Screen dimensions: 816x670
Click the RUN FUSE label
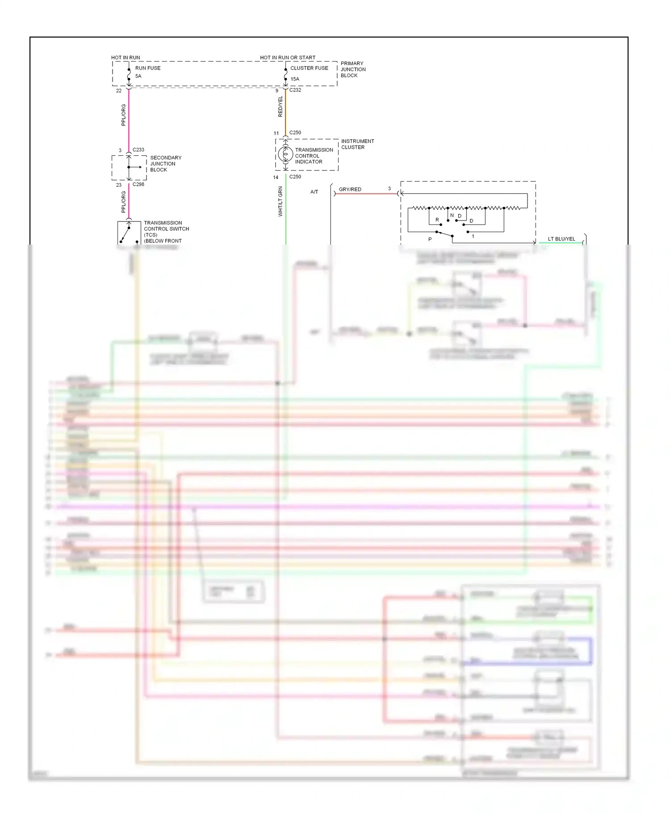(x=147, y=68)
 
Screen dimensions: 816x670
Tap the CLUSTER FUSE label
(x=309, y=68)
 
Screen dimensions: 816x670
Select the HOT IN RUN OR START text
(x=288, y=58)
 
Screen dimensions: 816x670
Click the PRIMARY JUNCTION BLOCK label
(x=353, y=69)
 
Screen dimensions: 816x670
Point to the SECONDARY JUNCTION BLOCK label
(x=165, y=164)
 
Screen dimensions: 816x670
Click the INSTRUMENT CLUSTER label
(x=357, y=144)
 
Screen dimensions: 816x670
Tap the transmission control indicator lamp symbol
(x=285, y=154)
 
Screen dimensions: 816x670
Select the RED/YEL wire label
(x=281, y=107)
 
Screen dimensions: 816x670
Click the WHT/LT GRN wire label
(x=281, y=202)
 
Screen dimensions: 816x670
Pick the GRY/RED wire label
(x=350, y=189)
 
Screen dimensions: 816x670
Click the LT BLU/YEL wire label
(x=561, y=239)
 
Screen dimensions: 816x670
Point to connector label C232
(x=295, y=90)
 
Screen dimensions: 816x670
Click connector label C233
(x=138, y=150)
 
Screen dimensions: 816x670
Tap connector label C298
(x=138, y=184)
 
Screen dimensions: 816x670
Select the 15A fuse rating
(x=295, y=79)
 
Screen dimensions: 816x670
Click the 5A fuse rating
(x=138, y=76)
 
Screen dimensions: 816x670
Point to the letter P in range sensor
(x=430, y=240)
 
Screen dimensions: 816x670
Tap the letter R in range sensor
(x=437, y=220)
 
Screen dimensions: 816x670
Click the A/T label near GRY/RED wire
(x=314, y=192)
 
